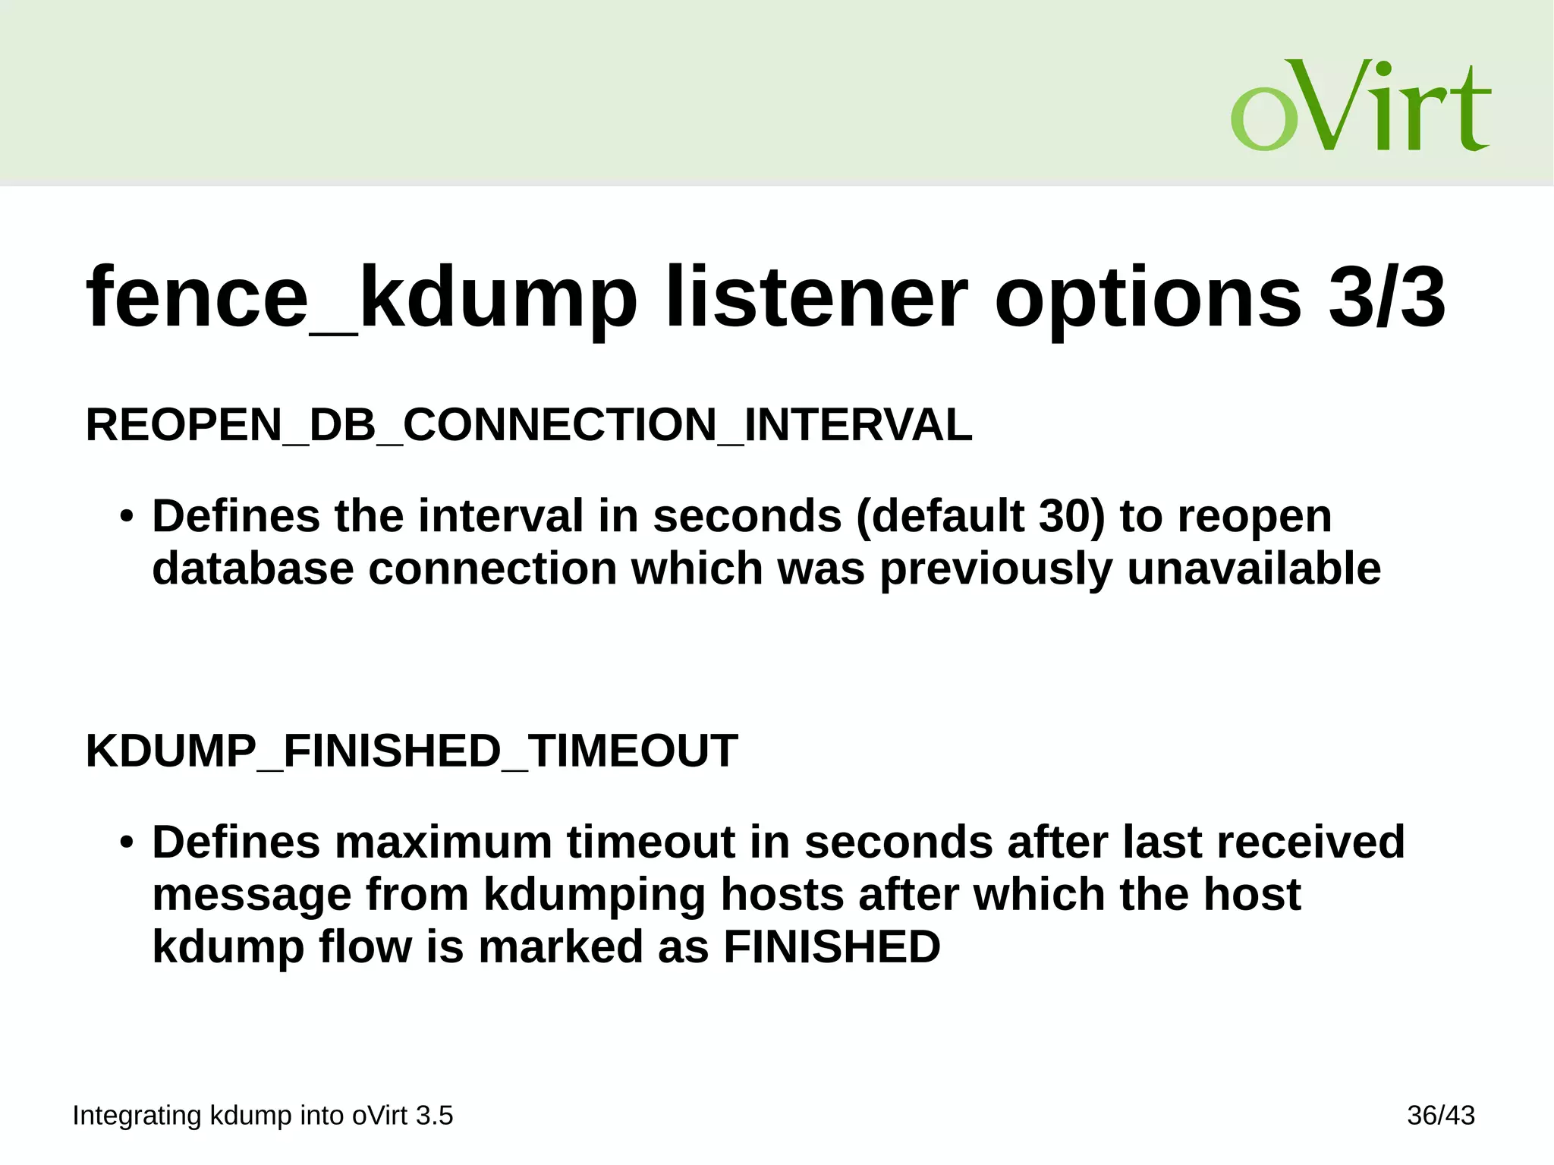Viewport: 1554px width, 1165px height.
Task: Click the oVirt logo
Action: pyautogui.click(x=1360, y=106)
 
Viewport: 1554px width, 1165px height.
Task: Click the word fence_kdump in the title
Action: pyautogui.click(x=361, y=298)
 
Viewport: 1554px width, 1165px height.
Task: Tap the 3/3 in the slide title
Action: pyautogui.click(x=1387, y=298)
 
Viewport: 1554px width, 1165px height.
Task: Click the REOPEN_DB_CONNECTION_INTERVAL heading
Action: pyautogui.click(x=529, y=425)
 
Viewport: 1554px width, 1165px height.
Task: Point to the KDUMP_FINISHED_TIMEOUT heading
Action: pyautogui.click(x=411, y=751)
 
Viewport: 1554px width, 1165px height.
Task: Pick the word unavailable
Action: pyautogui.click(x=1254, y=569)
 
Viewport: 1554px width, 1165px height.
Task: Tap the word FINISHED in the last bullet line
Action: pyautogui.click(x=832, y=947)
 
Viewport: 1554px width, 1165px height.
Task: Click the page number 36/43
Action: pyautogui.click(x=1440, y=1116)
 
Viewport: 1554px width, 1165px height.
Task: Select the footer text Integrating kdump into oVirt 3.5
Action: pyautogui.click(x=263, y=1116)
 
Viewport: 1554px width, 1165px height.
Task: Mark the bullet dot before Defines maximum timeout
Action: pyautogui.click(x=127, y=844)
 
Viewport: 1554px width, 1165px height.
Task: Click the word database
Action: pyautogui.click(x=253, y=569)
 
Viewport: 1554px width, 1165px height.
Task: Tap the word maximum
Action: pyautogui.click(x=443, y=842)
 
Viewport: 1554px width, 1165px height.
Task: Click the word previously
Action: pyautogui.click(x=996, y=569)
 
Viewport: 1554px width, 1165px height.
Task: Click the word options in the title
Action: pyautogui.click(x=1147, y=298)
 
